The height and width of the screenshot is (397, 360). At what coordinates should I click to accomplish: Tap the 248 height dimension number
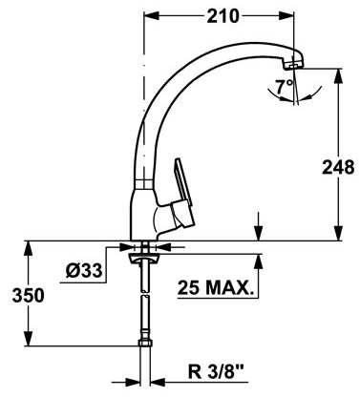click(338, 167)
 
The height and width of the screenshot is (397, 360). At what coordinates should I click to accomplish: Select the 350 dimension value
click(28, 296)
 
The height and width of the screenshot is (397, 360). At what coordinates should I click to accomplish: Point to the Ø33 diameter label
click(84, 271)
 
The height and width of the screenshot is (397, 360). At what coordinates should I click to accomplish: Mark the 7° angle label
click(284, 87)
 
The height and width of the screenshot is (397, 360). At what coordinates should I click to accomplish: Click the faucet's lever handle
click(182, 194)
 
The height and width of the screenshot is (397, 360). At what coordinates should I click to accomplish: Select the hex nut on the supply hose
click(145, 343)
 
